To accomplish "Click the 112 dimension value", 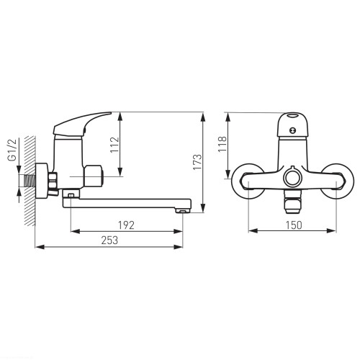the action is point(114,145).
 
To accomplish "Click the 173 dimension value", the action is point(198,162).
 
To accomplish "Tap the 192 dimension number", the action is point(126,225).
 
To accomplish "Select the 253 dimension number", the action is point(109,240).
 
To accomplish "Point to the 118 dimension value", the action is point(222,143).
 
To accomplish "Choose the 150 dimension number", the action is point(294,225).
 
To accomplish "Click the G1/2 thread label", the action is point(13,150).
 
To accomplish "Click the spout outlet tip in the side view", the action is point(183,211).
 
